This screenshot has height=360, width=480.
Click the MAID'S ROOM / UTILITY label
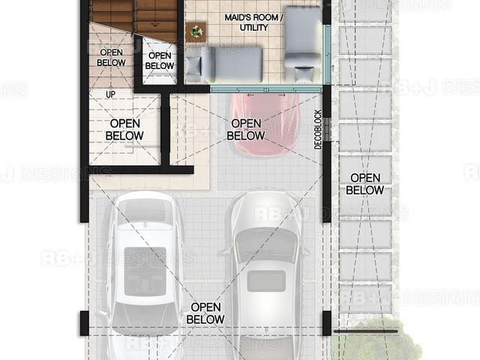coord(253,22)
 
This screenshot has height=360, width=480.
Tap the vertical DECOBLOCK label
coord(318,130)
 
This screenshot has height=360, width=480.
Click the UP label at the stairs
coord(110,94)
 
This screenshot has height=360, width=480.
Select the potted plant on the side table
coord(196,31)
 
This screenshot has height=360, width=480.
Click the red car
coord(265,124)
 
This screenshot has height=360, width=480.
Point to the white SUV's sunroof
coord(145,271)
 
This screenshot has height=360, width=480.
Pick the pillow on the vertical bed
coord(304,74)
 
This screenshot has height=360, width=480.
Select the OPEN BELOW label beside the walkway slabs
coord(364,184)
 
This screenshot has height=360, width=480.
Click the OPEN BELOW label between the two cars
coord(205,313)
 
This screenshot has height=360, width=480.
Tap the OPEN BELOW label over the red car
coord(246,130)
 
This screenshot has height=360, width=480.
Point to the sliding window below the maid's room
coord(265,89)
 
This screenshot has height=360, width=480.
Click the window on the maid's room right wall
coord(327,55)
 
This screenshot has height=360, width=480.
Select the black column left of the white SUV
coord(85,323)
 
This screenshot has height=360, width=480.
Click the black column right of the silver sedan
coord(327,323)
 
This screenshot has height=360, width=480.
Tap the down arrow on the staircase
coord(155,24)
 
